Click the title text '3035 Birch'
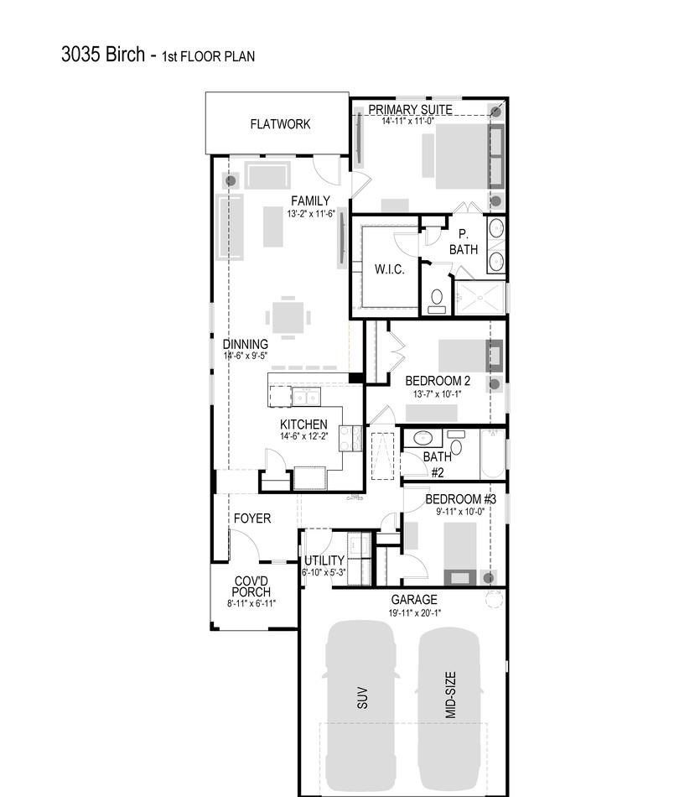click(x=104, y=55)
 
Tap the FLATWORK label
click(x=280, y=124)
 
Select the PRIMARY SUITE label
click(x=410, y=109)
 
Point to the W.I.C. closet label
click(x=389, y=269)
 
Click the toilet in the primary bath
click(x=437, y=300)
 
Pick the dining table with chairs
click(x=288, y=318)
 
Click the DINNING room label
click(x=245, y=344)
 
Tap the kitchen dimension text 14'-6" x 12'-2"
click(x=303, y=436)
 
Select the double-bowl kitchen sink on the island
click(x=305, y=397)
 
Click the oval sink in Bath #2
click(x=424, y=439)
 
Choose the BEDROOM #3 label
click(x=460, y=499)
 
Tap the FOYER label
click(x=251, y=518)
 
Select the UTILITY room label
click(x=324, y=560)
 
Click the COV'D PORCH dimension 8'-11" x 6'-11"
click(x=251, y=603)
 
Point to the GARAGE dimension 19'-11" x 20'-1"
click(x=414, y=612)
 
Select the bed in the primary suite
click(x=460, y=156)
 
